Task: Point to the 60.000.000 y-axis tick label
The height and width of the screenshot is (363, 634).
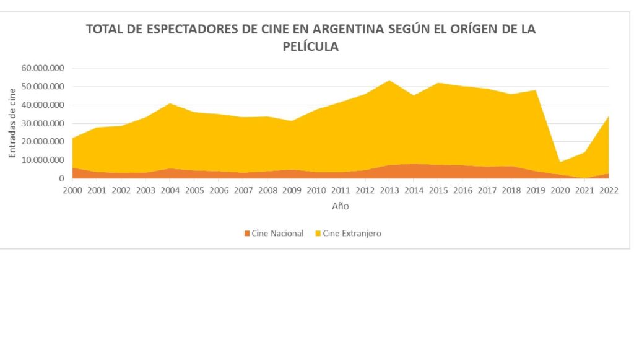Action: [43, 68]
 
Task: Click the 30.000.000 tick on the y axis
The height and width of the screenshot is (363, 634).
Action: [43, 123]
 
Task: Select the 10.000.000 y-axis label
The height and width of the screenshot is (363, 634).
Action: [43, 160]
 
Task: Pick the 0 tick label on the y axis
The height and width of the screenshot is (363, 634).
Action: [62, 178]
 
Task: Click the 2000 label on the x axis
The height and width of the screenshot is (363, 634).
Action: [72, 190]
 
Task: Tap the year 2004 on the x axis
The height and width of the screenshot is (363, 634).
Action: [170, 190]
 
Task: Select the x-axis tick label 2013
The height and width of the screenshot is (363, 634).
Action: [389, 190]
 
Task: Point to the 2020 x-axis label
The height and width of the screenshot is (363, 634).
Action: [560, 190]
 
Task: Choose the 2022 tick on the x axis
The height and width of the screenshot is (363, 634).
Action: [609, 190]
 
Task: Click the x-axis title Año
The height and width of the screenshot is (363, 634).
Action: [339, 206]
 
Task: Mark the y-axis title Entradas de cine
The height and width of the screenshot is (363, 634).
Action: [12, 123]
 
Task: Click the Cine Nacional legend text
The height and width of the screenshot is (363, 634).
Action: [277, 234]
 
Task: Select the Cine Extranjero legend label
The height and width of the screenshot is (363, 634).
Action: [352, 234]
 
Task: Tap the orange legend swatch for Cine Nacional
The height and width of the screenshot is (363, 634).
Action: [248, 234]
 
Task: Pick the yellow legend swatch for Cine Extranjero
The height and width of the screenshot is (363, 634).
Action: [318, 234]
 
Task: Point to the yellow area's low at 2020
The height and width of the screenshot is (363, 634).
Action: [560, 162]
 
